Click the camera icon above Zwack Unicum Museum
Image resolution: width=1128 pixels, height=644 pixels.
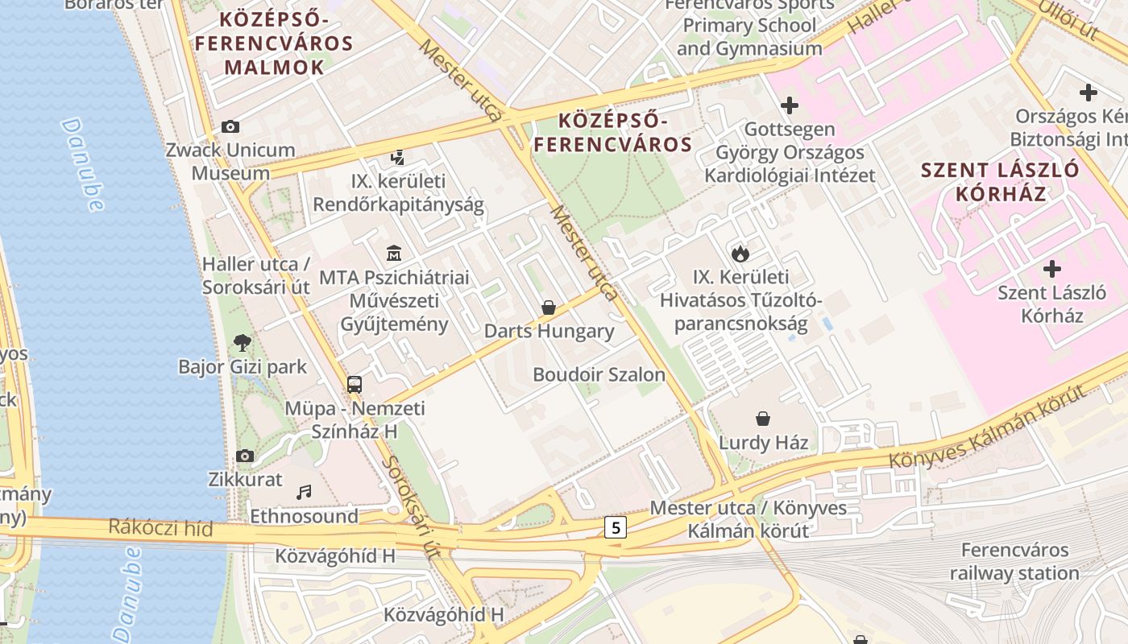230,126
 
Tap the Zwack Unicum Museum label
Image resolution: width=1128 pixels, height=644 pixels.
230,161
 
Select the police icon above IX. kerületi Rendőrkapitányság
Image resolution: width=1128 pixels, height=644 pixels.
397,158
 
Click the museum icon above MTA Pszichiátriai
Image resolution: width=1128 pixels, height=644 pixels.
394,254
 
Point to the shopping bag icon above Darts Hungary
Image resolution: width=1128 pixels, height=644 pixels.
549,308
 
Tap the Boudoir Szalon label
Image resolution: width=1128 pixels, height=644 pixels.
599,374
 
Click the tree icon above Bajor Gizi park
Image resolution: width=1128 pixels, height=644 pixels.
242,343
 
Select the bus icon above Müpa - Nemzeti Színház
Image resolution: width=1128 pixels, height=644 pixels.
355,384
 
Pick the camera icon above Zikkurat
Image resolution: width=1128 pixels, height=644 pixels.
246,456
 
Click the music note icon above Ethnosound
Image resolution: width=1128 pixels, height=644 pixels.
304,492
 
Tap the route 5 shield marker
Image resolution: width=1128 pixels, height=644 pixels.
616,528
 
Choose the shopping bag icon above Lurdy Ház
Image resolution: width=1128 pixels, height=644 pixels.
763,419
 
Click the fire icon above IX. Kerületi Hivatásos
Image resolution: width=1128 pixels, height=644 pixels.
740,254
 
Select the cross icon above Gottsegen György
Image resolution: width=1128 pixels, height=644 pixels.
790,105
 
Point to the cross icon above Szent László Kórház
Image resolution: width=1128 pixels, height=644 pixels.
1051,269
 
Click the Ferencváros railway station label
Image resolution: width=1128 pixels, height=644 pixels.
1014,562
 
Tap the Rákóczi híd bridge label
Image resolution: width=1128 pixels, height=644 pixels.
161,529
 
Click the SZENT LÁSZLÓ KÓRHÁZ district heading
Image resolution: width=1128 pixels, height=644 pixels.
999,182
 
